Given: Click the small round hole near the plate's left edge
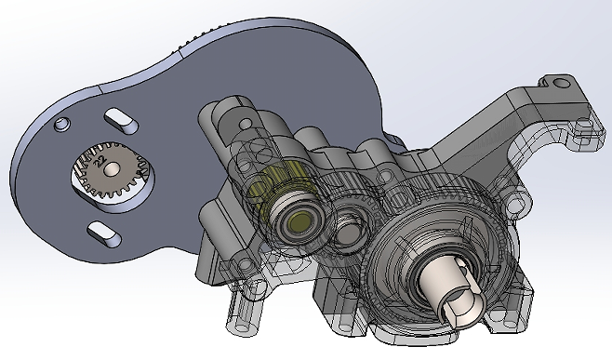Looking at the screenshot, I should point(61,123).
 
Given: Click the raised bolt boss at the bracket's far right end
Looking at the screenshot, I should point(584,123).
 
